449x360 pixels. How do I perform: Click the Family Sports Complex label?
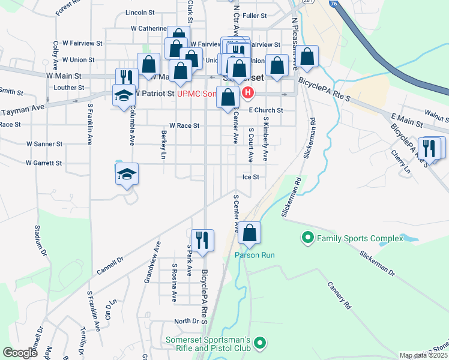click(360, 239)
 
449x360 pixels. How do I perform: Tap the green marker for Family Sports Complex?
click(308, 239)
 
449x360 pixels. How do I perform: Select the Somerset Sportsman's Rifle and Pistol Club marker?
click(260, 343)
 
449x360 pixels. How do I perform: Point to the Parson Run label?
click(255, 255)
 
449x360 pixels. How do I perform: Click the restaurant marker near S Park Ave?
click(202, 241)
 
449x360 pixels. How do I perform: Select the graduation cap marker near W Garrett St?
click(127, 175)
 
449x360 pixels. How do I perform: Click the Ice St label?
click(250, 177)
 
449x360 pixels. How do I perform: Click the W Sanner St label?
click(44, 144)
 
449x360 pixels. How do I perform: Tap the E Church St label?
click(266, 110)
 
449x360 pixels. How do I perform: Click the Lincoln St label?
click(140, 12)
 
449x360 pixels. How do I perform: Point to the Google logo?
click(20, 353)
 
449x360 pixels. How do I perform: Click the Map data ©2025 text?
click(423, 355)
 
